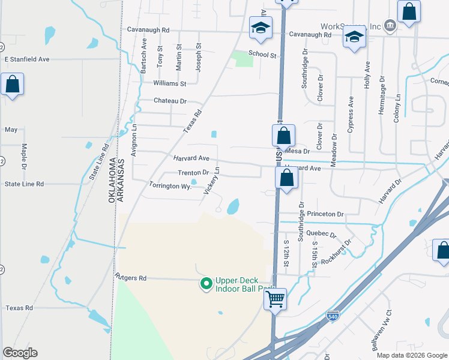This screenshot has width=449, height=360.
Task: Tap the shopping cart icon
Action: click(x=276, y=298)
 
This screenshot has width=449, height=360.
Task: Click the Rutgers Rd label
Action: click(x=130, y=278)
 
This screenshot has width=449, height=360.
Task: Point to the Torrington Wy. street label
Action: click(x=170, y=186)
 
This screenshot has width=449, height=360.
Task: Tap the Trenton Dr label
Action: click(x=193, y=172)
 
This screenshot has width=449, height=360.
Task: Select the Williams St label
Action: click(x=170, y=83)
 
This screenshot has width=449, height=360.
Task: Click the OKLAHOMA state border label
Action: click(x=112, y=181)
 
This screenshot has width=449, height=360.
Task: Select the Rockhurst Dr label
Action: click(x=336, y=251)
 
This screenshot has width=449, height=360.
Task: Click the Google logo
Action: click(x=20, y=353)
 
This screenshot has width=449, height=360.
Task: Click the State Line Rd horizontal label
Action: click(x=24, y=184)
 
